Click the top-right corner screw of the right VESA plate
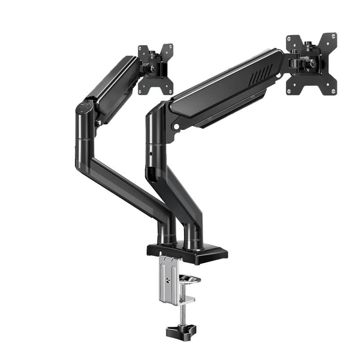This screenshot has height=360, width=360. click(334, 36)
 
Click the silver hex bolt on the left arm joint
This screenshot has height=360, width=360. click(98, 123)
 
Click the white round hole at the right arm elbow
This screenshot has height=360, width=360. click(176, 127)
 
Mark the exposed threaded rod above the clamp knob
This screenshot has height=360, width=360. click(182, 313)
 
